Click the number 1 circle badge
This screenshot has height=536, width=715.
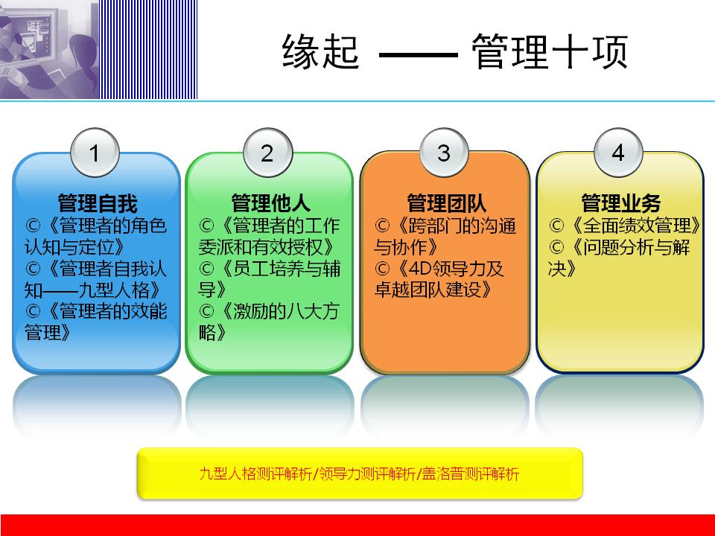[x=95, y=153]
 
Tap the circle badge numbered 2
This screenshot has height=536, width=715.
[x=267, y=153]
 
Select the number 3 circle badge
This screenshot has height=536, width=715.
[x=443, y=153]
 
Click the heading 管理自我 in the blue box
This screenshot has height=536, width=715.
[x=98, y=203]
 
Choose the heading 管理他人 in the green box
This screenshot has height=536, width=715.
[x=270, y=203]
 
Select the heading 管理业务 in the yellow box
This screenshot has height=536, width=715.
[x=620, y=203]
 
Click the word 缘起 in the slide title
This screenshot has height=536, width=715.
[x=321, y=54]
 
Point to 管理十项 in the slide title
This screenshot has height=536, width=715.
[x=550, y=54]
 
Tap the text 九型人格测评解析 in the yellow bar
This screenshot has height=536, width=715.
[x=257, y=473]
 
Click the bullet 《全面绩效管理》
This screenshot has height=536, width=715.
[x=626, y=226]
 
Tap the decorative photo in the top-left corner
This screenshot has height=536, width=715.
[x=49, y=49]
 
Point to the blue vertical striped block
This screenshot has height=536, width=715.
[x=149, y=49]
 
